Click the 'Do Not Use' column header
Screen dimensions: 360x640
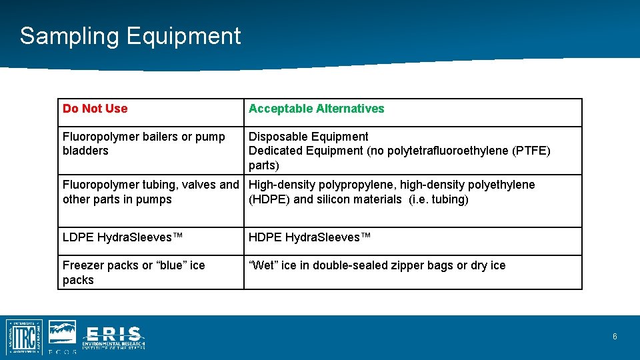point(95,109)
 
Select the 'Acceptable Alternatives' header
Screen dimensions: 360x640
point(316,109)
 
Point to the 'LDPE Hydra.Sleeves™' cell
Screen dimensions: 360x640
point(123,237)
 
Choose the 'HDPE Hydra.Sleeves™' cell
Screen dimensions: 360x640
point(309,237)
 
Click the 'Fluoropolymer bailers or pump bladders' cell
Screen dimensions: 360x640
point(143,143)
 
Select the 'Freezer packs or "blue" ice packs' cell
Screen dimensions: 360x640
point(133,272)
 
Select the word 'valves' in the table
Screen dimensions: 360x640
point(199,185)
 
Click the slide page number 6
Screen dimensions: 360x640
point(615,337)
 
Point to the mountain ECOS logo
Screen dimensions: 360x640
point(63,333)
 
